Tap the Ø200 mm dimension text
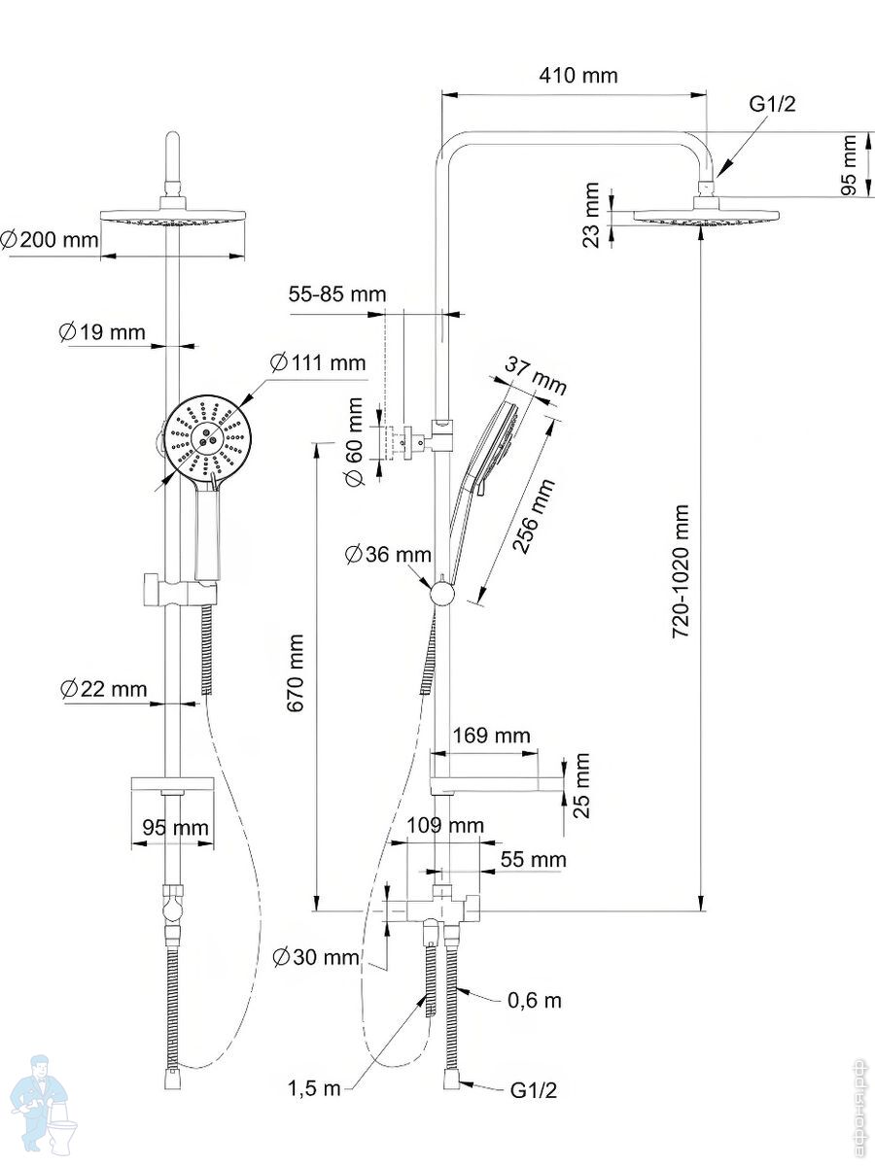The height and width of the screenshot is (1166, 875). [51, 239]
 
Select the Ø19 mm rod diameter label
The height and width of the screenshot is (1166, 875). [101, 332]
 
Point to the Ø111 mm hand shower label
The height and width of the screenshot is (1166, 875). [318, 363]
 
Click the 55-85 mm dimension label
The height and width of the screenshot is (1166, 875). [337, 294]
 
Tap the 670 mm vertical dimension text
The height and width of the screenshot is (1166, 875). [296, 673]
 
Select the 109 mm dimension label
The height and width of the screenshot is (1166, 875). [444, 826]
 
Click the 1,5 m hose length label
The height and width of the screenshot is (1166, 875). [314, 1088]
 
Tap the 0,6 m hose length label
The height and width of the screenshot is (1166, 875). [535, 1000]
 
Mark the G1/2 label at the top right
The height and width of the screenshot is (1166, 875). [772, 105]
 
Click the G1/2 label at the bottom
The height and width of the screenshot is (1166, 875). [534, 1090]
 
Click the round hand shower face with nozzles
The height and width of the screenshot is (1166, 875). [206, 436]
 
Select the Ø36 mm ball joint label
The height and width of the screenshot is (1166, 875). [388, 555]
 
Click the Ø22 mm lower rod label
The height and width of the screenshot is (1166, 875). [103, 689]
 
